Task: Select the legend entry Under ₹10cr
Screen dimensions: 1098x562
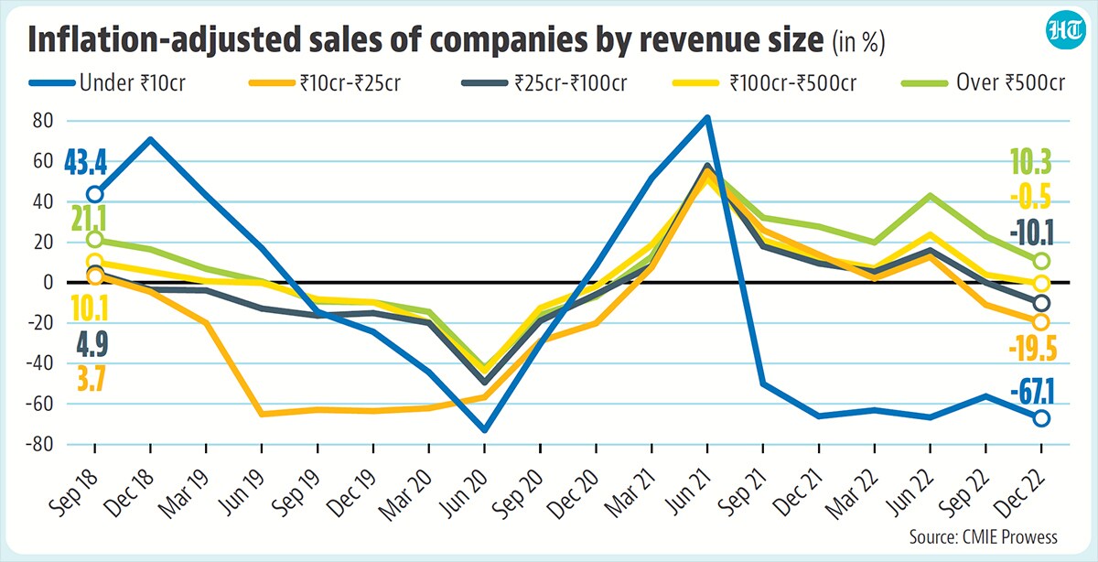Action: tap(107, 83)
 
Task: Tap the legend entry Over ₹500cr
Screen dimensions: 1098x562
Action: tap(984, 83)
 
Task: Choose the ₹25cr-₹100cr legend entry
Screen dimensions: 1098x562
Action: tap(544, 83)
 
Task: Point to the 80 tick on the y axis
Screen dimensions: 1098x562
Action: tap(43, 121)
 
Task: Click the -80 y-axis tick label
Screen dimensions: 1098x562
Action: tap(39, 444)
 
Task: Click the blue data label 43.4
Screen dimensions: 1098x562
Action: tap(86, 163)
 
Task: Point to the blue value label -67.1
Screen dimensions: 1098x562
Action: tap(1032, 393)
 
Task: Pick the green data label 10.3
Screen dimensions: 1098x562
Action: tap(1031, 162)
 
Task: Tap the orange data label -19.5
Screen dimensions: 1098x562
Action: tap(1032, 349)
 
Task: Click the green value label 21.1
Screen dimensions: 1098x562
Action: tap(90, 219)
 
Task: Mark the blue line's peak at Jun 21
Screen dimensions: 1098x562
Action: tap(706, 118)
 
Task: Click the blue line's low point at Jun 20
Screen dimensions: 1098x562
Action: tap(484, 430)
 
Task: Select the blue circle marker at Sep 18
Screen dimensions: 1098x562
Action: tap(95, 194)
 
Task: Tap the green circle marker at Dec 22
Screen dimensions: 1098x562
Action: tap(1041, 262)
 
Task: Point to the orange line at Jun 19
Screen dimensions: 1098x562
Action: tap(262, 415)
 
